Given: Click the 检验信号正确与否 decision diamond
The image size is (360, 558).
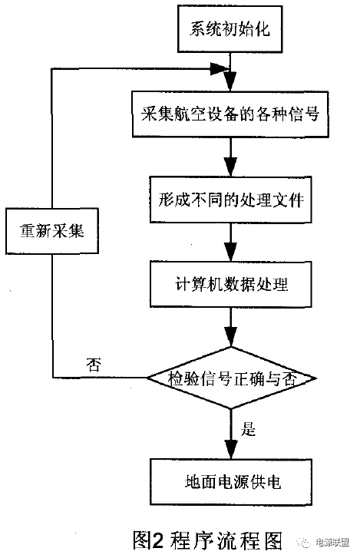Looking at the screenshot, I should click(231, 378).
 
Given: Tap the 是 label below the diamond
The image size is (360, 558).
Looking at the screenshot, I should click(249, 430).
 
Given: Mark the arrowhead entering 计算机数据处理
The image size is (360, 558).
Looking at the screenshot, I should click(231, 253).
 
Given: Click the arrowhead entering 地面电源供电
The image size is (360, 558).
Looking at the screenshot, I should click(231, 451).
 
